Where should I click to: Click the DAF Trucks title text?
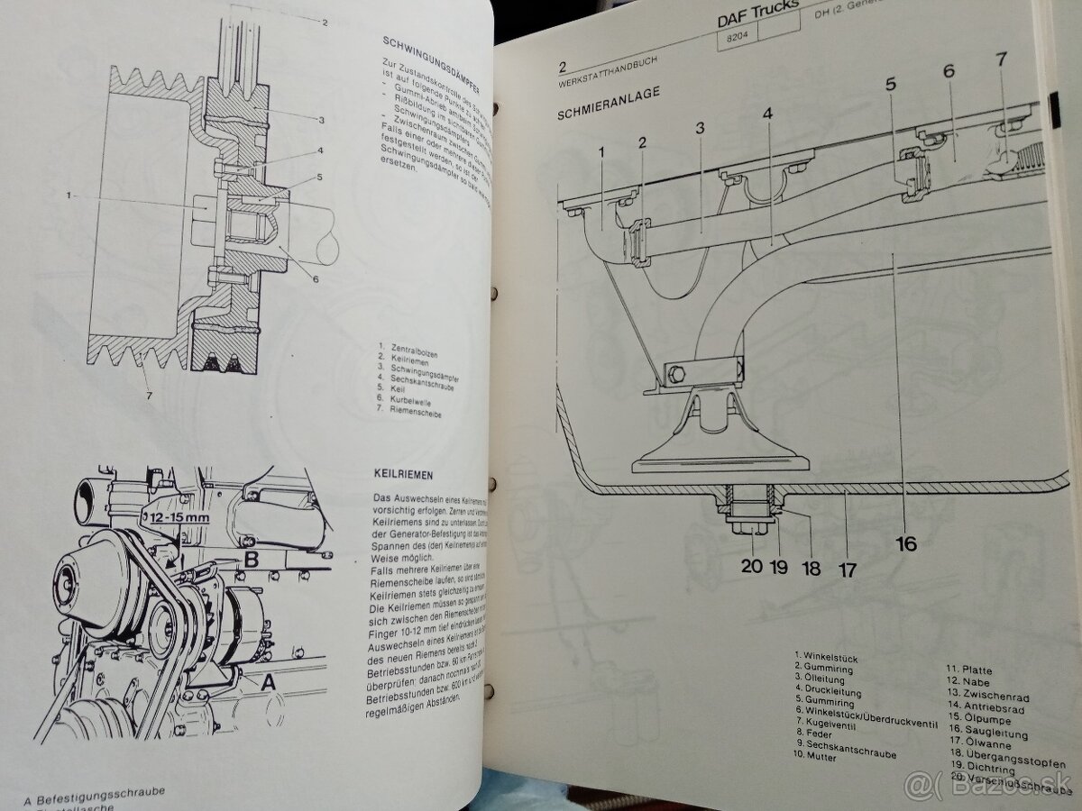757,15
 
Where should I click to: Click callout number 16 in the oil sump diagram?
905,542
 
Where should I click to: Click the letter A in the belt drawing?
267,683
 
